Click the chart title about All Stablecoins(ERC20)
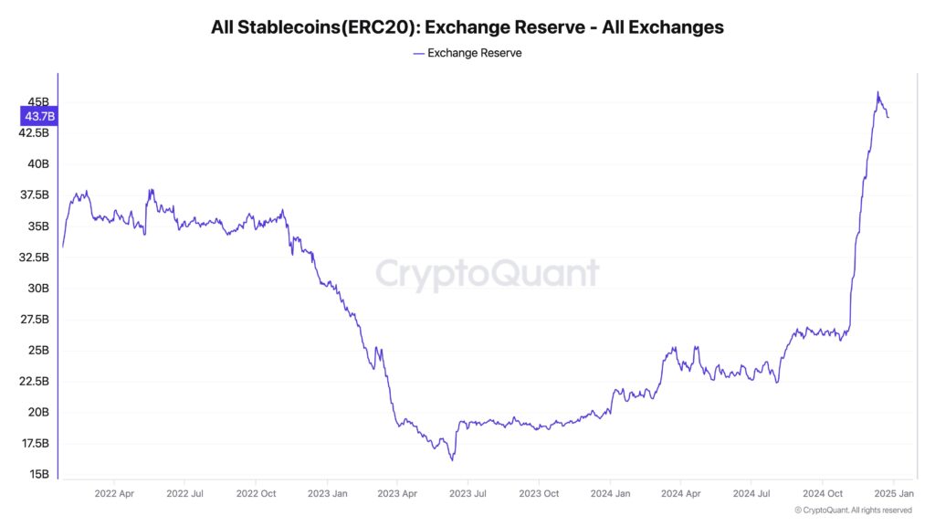pyautogui.click(x=467, y=27)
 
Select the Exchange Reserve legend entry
pyautogui.click(x=467, y=53)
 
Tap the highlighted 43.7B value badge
pyautogui.click(x=38, y=116)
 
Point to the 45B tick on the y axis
pyautogui.click(x=37, y=101)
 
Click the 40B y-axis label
pyautogui.click(x=37, y=163)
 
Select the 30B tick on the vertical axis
pyautogui.click(x=37, y=288)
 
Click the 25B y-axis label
pyautogui.click(x=37, y=350)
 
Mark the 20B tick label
pyautogui.click(x=37, y=412)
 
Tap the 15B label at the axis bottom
pyautogui.click(x=37, y=474)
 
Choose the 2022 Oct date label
pyautogui.click(x=256, y=493)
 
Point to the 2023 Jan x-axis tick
pyautogui.click(x=327, y=493)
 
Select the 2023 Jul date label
pyautogui.click(x=467, y=493)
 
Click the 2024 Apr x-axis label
pyautogui.click(x=680, y=493)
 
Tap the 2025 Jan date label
pyautogui.click(x=893, y=493)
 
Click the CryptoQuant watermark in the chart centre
pyautogui.click(x=488, y=274)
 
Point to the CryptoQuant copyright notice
pyautogui.click(x=853, y=510)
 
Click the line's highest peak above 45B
pyautogui.click(x=877, y=92)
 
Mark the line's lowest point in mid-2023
pyautogui.click(x=452, y=459)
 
